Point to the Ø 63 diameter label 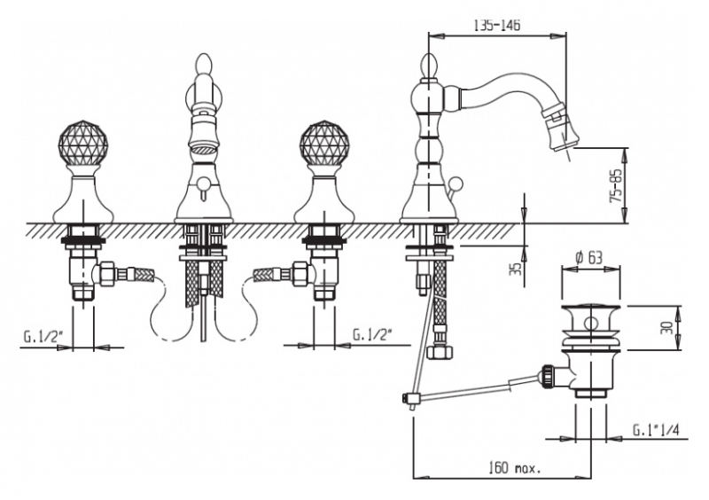click(x=588, y=257)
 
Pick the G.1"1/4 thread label click(x=656, y=430)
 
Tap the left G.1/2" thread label click(x=43, y=337)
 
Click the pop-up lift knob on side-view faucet click(x=458, y=184)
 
